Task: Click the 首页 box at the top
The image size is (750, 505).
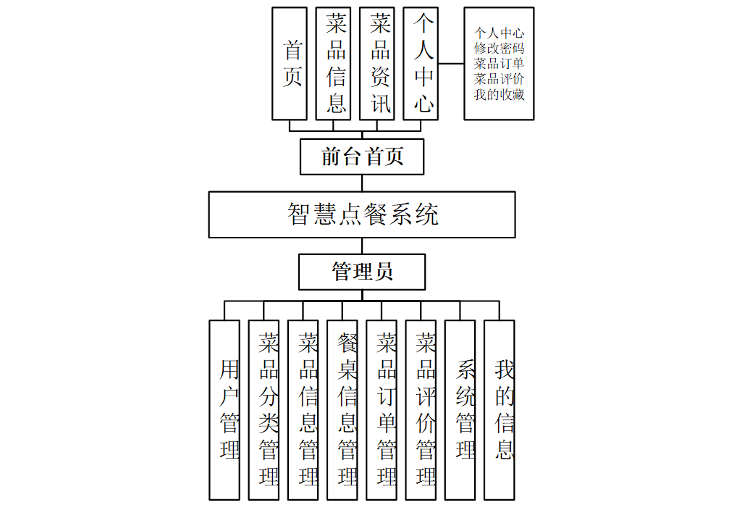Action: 290,64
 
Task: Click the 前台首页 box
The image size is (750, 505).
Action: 362,156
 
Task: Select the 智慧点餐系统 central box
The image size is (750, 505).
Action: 362,214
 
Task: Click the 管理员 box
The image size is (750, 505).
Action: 362,272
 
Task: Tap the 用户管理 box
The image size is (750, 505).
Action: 224,409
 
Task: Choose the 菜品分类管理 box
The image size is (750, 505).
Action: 264,409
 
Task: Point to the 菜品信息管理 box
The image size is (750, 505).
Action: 303,409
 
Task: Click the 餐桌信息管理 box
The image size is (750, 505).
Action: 342,409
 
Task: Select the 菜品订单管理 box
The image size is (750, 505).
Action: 382,409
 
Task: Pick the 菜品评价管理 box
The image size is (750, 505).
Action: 421,409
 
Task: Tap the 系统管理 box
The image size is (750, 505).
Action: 460,409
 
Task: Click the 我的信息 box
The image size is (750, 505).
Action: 500,409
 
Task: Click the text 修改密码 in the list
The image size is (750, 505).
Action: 500,49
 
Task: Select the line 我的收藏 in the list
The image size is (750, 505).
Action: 500,94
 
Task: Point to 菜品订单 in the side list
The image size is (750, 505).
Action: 500,64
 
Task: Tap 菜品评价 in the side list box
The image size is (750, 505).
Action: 500,79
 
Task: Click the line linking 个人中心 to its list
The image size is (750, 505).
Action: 451,64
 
